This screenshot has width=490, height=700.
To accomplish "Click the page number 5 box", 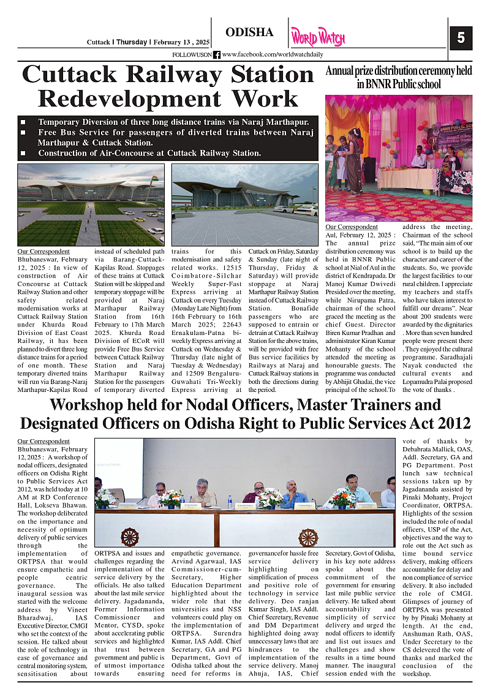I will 461,38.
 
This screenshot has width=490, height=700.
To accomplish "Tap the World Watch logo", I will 317,37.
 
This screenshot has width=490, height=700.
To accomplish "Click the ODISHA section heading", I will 249,32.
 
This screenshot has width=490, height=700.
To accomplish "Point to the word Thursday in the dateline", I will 132,42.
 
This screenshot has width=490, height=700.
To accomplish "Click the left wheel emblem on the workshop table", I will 129,537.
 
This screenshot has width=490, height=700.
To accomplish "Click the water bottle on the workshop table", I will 230,502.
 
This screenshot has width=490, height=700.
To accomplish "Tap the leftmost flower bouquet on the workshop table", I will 106,497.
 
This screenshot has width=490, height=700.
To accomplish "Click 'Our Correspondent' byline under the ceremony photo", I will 352,227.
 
